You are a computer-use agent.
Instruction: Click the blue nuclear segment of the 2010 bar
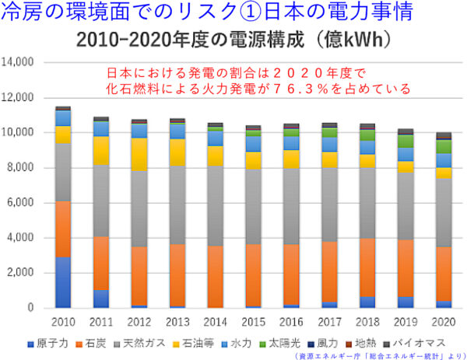pyautogui.click(x=63, y=282)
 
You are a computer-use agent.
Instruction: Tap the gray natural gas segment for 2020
pyautogui.click(x=444, y=212)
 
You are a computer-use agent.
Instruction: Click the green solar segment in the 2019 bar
pyautogui.click(x=406, y=141)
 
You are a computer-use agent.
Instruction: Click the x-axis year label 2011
pyautogui.click(x=100, y=322)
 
